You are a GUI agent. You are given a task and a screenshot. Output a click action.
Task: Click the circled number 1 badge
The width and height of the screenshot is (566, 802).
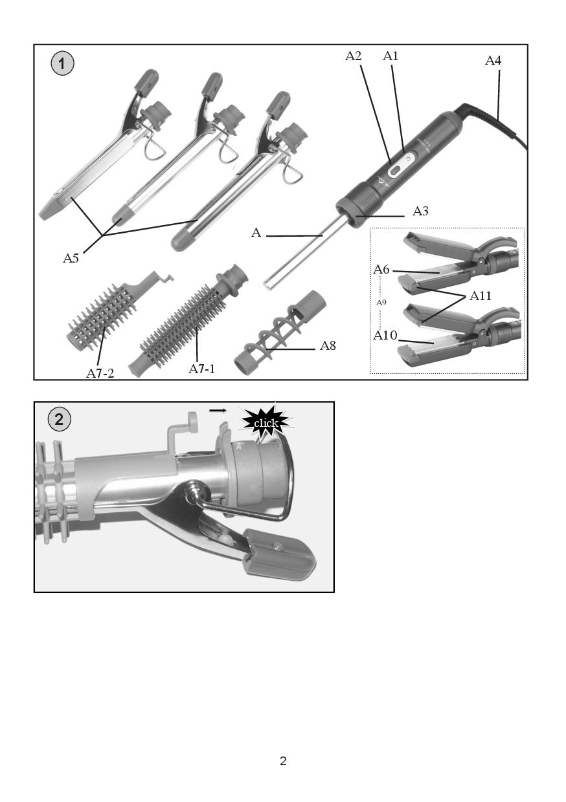[x=62, y=64]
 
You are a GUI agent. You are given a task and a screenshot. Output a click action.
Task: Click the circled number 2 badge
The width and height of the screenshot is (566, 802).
[x=59, y=419]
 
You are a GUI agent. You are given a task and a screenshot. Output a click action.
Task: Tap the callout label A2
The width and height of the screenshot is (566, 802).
[x=353, y=56]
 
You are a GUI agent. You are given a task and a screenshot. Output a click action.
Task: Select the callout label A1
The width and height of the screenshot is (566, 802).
[x=391, y=56]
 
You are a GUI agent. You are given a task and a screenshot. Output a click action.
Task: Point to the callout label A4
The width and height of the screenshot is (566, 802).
[x=493, y=61]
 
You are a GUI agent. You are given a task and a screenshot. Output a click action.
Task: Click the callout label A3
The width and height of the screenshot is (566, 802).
[x=420, y=211]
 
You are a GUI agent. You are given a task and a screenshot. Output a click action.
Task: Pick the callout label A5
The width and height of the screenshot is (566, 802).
[x=71, y=258]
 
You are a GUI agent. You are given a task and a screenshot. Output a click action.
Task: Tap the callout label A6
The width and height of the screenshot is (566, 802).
[x=381, y=269]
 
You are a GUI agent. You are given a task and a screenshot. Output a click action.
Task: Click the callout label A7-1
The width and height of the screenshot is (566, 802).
[x=201, y=369]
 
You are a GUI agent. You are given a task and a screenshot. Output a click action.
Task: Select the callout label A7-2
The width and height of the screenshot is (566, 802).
[x=100, y=373]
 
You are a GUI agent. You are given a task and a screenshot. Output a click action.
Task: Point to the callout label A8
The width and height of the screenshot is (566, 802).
[x=328, y=345]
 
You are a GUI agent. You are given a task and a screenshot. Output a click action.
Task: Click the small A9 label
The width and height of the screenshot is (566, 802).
[x=381, y=303]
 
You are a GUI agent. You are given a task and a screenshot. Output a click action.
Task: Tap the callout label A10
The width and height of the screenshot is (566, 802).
[x=385, y=336]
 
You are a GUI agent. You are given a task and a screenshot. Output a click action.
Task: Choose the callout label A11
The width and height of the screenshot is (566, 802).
[x=481, y=296]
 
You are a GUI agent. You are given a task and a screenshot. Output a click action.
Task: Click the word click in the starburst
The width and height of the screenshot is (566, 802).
[x=266, y=424]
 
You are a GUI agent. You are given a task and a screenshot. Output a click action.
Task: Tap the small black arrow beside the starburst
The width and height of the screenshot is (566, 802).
[x=218, y=411]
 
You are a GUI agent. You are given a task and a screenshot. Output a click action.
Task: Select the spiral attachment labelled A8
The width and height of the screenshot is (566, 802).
[x=280, y=332]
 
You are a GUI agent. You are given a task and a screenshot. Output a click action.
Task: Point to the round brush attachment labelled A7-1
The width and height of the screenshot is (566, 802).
[x=188, y=321]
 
